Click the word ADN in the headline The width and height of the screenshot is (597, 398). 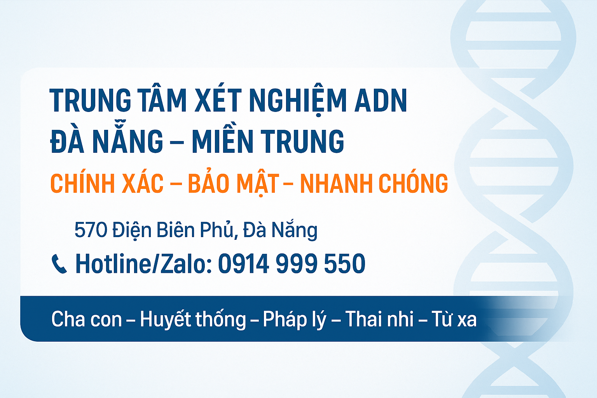click(381, 101)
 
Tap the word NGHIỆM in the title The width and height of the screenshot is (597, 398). click(297, 101)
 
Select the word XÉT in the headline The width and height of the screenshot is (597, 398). click(218, 101)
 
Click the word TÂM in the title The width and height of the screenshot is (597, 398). click(162, 101)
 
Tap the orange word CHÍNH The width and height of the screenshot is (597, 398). click(82, 183)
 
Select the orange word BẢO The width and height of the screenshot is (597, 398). click(209, 183)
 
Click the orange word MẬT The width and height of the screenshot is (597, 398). click(258, 183)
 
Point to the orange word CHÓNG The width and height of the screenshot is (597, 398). click(413, 183)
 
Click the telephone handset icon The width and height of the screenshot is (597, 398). click(59, 264)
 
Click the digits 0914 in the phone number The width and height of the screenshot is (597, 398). click(243, 264)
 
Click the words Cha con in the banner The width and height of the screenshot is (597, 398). click(86, 319)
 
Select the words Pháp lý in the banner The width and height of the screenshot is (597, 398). click(294, 319)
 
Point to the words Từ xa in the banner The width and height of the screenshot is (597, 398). click(454, 319)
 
